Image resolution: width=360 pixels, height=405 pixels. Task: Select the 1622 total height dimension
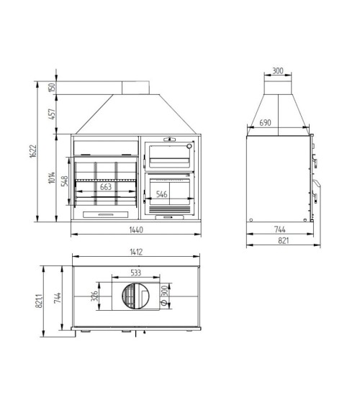(34, 153)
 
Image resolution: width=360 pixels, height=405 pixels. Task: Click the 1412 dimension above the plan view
(135, 252)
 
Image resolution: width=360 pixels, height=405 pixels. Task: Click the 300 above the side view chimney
(277, 71)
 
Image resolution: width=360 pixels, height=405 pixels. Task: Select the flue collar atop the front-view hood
(135, 88)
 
